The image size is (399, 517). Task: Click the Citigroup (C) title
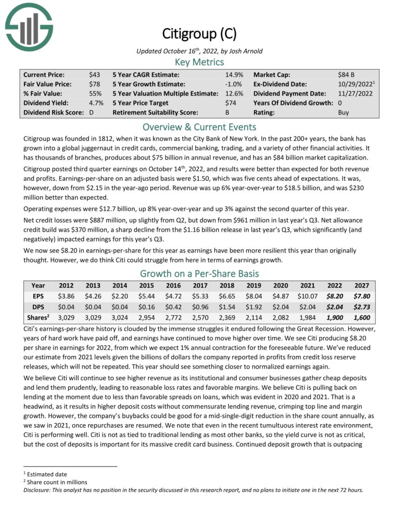coord(199,34)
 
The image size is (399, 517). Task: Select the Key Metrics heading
coord(199,62)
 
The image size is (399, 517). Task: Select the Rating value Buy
coord(344,113)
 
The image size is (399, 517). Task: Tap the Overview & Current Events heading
coord(199,127)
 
